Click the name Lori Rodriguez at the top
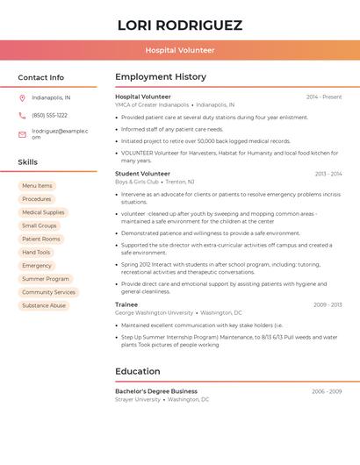180,25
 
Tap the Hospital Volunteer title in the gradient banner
180,50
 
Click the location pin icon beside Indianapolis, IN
22,97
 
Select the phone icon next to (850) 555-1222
22,115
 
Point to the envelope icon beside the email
22,134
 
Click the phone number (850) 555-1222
49,115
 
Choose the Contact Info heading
40,77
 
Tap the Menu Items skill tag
37,186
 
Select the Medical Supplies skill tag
43,212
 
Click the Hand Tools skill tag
36,252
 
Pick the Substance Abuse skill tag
44,305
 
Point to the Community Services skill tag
48,292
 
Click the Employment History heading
161,77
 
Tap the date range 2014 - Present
324,97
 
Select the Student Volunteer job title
142,174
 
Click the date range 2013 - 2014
328,174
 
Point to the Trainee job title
126,304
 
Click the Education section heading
138,371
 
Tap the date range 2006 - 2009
327,391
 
